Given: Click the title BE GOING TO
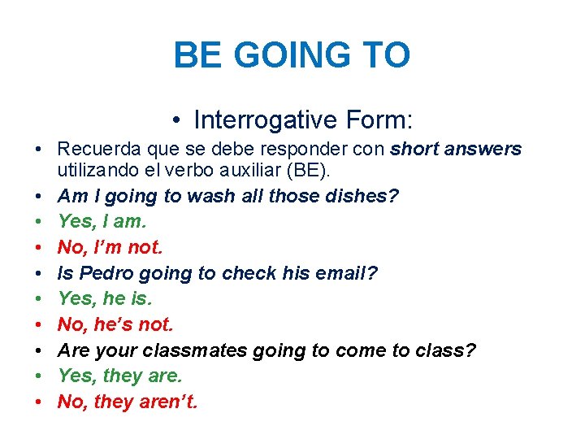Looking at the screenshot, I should (x=292, y=55).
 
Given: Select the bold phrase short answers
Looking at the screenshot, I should (x=456, y=150).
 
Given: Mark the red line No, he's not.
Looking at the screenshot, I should (x=115, y=324).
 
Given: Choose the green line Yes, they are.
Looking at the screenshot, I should (x=120, y=376).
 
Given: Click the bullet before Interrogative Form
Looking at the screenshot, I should (x=176, y=121).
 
